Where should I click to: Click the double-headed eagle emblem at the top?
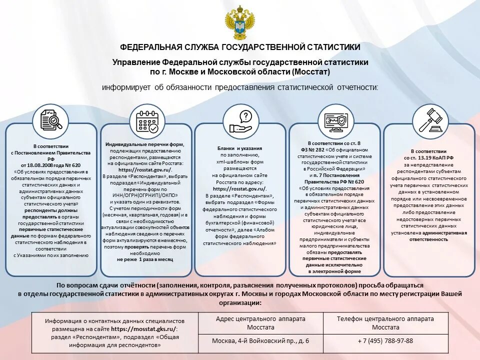tap(240, 23)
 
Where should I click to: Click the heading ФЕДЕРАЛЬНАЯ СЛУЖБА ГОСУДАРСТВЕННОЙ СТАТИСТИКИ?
tap(240, 47)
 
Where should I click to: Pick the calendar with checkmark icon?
tap(147, 120)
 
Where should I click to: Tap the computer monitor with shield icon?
tap(336, 120)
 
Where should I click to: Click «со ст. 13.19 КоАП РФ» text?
tap(429, 157)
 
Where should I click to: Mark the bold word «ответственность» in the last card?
tap(429, 239)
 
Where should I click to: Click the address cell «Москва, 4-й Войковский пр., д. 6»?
tap(260, 340)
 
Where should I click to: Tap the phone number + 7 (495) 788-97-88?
tap(385, 340)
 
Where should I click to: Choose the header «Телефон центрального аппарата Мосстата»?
tap(385, 323)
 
